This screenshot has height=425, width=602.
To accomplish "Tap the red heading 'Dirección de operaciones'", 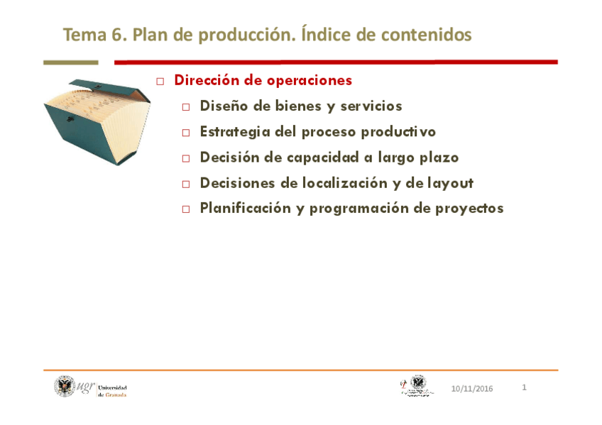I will pyautogui.click(x=263, y=80).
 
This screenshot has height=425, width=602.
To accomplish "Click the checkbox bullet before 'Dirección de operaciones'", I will pyautogui.click(x=160, y=82).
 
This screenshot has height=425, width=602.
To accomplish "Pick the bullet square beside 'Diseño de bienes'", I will pyautogui.click(x=186, y=107).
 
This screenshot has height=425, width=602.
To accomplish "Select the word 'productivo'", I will pyautogui.click(x=398, y=132).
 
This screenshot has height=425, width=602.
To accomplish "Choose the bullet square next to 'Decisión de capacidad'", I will pyautogui.click(x=186, y=158).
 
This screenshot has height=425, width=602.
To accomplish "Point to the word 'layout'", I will pyautogui.click(x=450, y=183).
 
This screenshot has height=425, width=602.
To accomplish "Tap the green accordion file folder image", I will pyautogui.click(x=96, y=120).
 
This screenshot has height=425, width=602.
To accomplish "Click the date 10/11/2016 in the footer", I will pyautogui.click(x=472, y=389).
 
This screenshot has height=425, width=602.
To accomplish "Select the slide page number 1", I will pyautogui.click(x=524, y=387).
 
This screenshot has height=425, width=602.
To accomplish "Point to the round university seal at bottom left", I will pyautogui.click(x=65, y=386).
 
